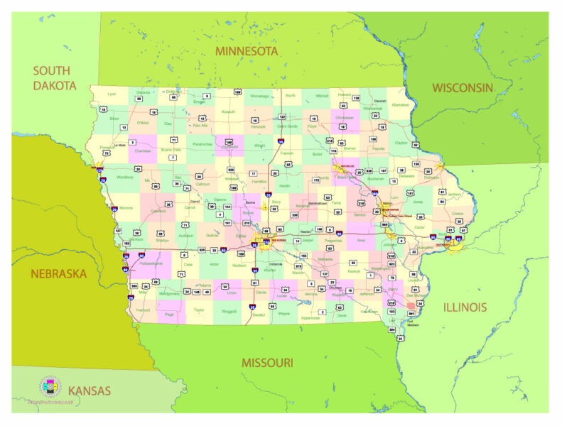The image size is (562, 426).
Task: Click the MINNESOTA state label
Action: (x=247, y=51)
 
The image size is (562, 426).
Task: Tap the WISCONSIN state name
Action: (x=462, y=88)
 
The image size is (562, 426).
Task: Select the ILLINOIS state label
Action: (x=465, y=307)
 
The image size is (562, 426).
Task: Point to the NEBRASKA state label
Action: (x=59, y=273)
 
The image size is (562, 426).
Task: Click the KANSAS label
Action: (x=89, y=390)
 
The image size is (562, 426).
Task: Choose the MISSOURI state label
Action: (x=267, y=362)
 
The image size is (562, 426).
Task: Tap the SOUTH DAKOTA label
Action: (x=54, y=78)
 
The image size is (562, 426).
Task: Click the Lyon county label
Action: (x=112, y=94)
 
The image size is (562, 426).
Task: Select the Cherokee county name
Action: (x=142, y=151)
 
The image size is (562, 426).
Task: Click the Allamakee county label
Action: (x=400, y=104)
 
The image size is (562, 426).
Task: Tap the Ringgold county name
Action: (x=229, y=310)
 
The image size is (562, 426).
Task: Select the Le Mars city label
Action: (x=120, y=145)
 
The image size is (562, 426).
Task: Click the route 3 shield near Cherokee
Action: (x=131, y=142)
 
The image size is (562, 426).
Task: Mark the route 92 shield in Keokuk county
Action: (x=352, y=263)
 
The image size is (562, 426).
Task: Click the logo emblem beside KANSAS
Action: (x=50, y=388)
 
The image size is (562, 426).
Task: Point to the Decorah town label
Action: (x=380, y=102)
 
